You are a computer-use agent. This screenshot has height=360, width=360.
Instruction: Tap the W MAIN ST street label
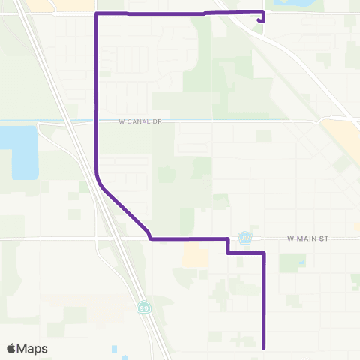pos(309,238)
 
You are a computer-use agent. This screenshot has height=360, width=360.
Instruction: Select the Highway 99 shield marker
pos(142,307)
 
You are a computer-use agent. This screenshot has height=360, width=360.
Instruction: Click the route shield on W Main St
pos(245,237)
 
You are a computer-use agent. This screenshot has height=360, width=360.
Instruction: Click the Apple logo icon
pos(12,348)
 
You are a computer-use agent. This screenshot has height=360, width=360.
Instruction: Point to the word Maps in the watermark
pos(33,348)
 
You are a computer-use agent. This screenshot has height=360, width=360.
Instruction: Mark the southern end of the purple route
pos(264,347)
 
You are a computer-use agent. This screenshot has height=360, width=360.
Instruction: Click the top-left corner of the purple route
pos(96,14)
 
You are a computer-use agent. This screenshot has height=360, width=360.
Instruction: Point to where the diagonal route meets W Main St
pos(151,238)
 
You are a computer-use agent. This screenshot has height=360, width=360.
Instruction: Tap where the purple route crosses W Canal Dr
pos(96,121)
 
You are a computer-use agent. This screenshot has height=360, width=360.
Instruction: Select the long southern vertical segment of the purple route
pos(264,300)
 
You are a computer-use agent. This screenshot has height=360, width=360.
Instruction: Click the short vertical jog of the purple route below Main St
pos(227,246)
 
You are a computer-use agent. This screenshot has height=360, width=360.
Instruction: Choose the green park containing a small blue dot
pos(292,263)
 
